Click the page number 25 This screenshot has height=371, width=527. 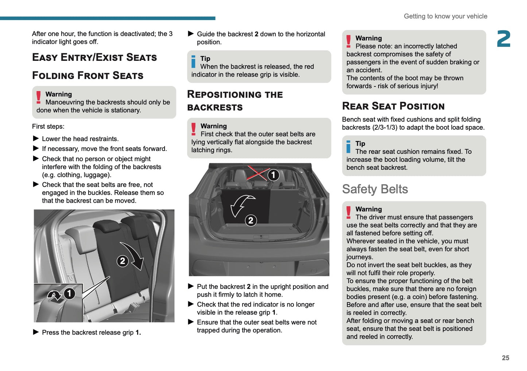[505, 358]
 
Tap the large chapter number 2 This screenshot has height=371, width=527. [504, 39]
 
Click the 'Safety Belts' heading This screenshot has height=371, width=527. [375, 189]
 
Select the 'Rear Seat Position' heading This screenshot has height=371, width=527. [393, 106]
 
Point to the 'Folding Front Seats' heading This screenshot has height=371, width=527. [88, 75]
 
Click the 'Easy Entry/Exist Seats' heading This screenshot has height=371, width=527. [94, 57]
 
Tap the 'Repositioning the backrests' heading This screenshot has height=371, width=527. [235, 101]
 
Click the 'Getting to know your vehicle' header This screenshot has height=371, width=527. [445, 16]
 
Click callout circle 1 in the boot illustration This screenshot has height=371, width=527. [273, 175]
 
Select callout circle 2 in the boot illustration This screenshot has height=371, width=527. [251, 220]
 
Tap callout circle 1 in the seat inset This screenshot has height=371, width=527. [69, 293]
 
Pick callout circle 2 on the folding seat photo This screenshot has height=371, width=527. [123, 261]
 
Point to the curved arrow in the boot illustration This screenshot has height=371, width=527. [241, 205]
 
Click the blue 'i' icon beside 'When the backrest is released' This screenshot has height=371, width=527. [193, 62]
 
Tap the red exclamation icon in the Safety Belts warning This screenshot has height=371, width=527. [349, 212]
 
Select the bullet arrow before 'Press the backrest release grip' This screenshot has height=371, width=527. [36, 332]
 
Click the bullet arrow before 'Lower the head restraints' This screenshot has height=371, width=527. [36, 138]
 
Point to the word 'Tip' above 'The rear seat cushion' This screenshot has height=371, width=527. [360, 144]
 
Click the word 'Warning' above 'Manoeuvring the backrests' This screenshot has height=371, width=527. [59, 94]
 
